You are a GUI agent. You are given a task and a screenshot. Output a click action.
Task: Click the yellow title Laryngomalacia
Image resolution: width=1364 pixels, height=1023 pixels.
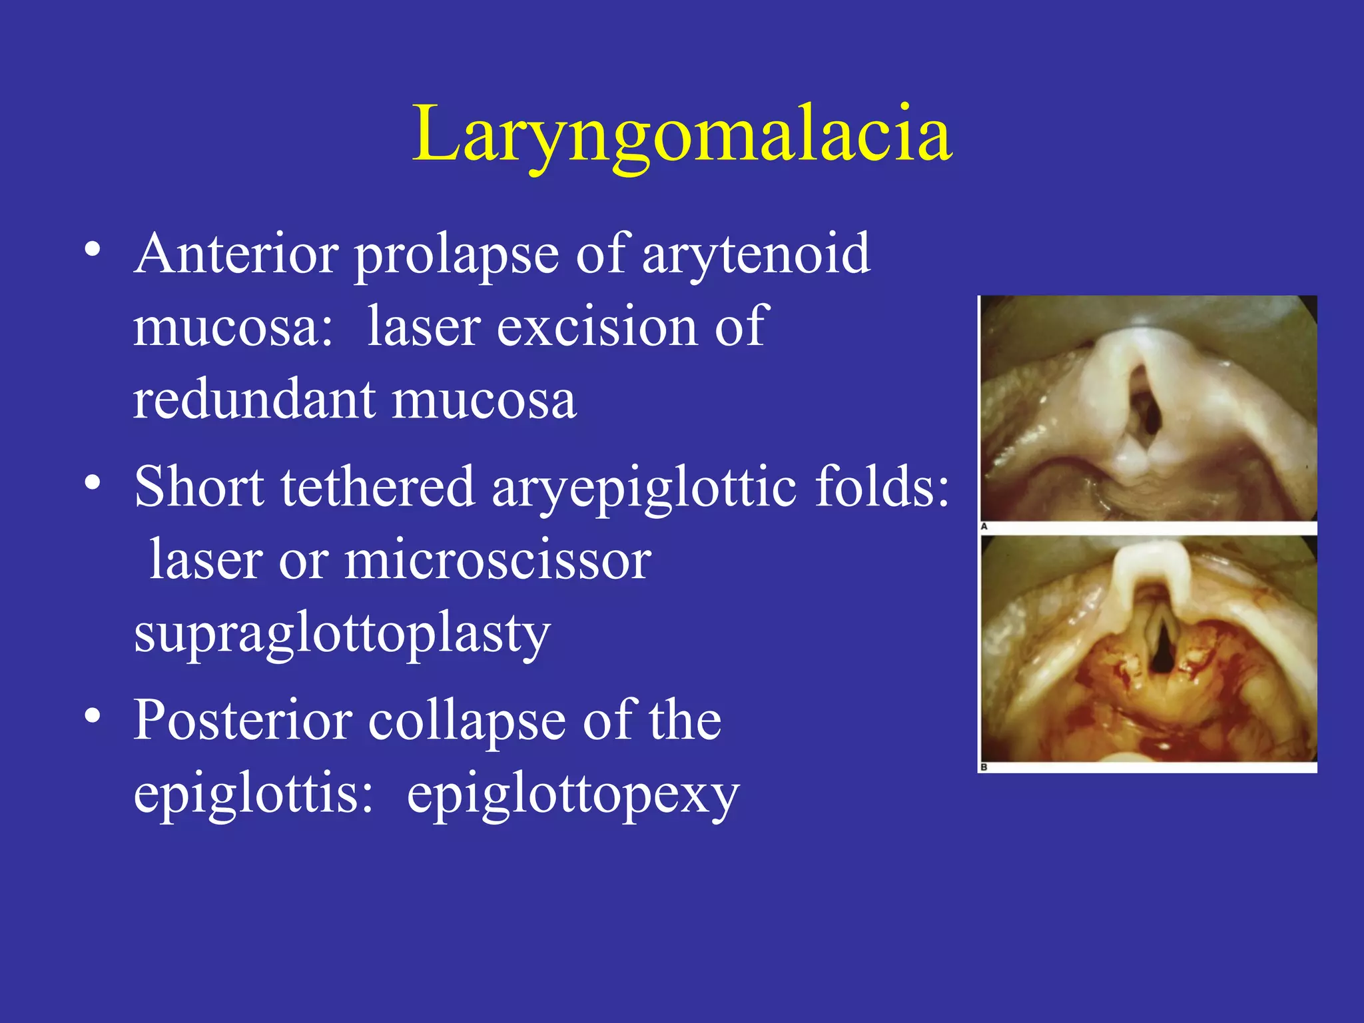pos(682,135)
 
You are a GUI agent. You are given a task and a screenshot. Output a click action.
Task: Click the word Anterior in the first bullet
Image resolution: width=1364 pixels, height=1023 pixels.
pos(236,254)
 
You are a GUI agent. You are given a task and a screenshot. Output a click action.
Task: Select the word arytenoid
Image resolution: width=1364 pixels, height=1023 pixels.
pos(756,254)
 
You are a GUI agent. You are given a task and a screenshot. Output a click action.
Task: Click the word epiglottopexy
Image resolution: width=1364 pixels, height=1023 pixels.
pos(573,794)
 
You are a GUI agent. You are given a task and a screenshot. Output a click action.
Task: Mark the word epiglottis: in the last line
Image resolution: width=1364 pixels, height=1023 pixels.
pos(253,794)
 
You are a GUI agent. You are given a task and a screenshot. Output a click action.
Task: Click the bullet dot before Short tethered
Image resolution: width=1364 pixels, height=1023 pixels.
pos(93,483)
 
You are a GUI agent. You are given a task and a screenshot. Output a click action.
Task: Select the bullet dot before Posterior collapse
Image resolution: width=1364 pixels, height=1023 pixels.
pos(93,717)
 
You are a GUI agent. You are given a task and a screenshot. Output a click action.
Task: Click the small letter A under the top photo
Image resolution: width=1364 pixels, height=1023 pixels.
pos(984,527)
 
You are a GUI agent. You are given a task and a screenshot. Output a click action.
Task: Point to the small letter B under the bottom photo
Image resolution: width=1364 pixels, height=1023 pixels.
pos(984,768)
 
